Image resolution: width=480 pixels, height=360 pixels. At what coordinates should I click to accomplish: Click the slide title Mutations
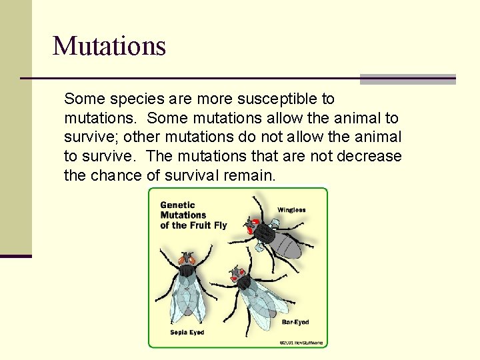109,46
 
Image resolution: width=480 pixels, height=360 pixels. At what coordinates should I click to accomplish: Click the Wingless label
291,210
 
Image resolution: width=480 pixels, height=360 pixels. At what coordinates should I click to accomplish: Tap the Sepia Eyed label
187,332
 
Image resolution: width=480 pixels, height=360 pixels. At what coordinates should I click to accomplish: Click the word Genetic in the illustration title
177,205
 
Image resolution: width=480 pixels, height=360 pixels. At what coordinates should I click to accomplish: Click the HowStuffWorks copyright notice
301,342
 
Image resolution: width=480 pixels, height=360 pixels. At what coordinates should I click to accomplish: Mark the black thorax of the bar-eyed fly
245,283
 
